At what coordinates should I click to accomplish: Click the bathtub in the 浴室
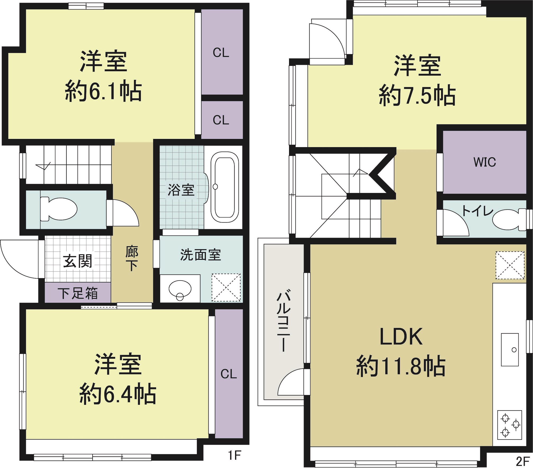(x=225, y=187)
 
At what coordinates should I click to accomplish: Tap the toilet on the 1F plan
(x=58, y=209)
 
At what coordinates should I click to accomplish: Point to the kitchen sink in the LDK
(x=509, y=349)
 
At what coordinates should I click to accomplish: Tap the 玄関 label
(x=78, y=261)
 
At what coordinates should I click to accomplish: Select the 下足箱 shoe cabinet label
(x=78, y=293)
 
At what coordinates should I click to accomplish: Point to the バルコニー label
(x=283, y=321)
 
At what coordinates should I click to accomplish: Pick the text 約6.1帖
(x=103, y=91)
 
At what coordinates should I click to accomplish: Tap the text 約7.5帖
(x=417, y=96)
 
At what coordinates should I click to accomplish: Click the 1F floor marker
(x=234, y=455)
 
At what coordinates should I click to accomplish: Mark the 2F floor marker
(x=523, y=461)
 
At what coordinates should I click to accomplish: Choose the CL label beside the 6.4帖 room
(x=228, y=374)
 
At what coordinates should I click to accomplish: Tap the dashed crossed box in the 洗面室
(x=226, y=287)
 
